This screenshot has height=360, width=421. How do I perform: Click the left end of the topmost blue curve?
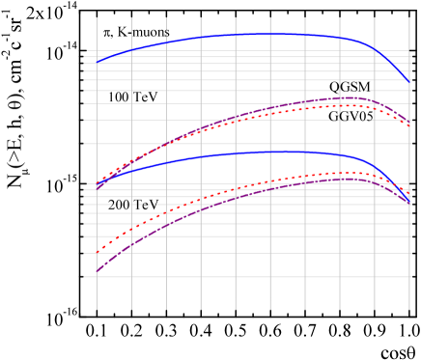[x=97, y=62]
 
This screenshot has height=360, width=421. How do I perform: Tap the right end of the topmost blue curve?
[x=409, y=82]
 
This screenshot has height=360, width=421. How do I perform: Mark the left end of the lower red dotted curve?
[x=97, y=251]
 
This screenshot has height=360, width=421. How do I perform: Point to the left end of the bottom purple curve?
[x=97, y=272]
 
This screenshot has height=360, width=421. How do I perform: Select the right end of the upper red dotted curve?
[x=409, y=125]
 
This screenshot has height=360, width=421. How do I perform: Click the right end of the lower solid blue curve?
[x=409, y=203]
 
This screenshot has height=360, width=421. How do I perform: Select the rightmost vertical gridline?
[x=409, y=290]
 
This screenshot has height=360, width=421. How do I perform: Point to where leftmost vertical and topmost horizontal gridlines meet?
[x=97, y=51]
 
